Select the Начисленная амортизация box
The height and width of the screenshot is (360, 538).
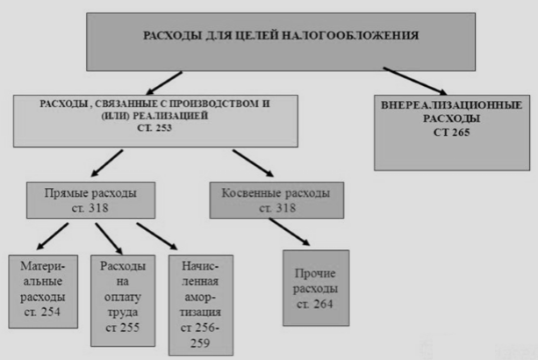coord(201,303)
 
